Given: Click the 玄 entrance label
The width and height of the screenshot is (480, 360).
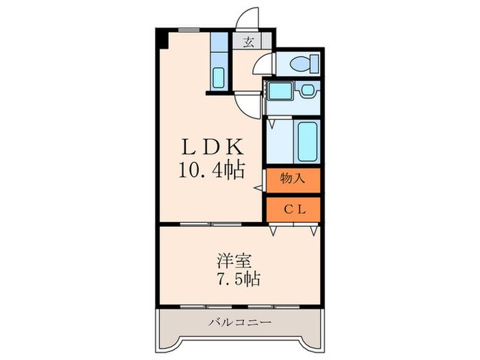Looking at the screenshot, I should tap(248, 42).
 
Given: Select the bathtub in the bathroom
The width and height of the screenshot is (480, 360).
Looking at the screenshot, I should tap(307, 141).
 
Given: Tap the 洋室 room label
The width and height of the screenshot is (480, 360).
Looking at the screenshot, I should tap(234, 261).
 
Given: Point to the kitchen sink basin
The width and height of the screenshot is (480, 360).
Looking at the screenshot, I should tap(218, 78).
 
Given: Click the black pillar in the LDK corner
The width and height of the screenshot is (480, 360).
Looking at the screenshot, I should tap(163, 38).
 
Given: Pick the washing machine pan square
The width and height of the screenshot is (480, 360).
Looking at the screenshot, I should tap(307, 91).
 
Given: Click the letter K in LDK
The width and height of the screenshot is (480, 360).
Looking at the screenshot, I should tap(230, 148).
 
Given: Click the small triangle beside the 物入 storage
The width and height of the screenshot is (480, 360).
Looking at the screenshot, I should tap(259, 187).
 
